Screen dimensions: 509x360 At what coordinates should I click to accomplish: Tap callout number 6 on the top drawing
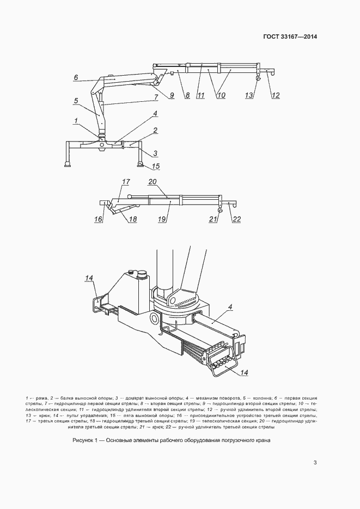pyautogui.click(x=77, y=77)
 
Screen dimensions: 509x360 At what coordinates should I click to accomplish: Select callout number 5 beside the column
pyautogui.click(x=77, y=100)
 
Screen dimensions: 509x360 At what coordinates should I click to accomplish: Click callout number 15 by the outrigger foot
pyautogui.click(x=156, y=166)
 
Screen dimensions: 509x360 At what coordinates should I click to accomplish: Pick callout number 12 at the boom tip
pyautogui.click(x=276, y=95)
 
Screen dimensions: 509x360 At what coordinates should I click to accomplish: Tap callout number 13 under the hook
pyautogui.click(x=249, y=95)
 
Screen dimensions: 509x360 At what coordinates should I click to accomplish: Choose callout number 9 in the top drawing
pyautogui.click(x=171, y=95)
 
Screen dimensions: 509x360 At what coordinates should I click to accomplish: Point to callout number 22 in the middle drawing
pyautogui.click(x=236, y=219)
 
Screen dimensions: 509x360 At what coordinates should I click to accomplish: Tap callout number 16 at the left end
pyautogui.click(x=99, y=219)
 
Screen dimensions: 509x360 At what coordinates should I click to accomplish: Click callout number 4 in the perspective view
pyautogui.click(x=230, y=307)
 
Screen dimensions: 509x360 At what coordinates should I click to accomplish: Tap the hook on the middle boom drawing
pyautogui.click(x=220, y=210)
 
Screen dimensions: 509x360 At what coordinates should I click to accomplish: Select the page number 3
pyautogui.click(x=315, y=463)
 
